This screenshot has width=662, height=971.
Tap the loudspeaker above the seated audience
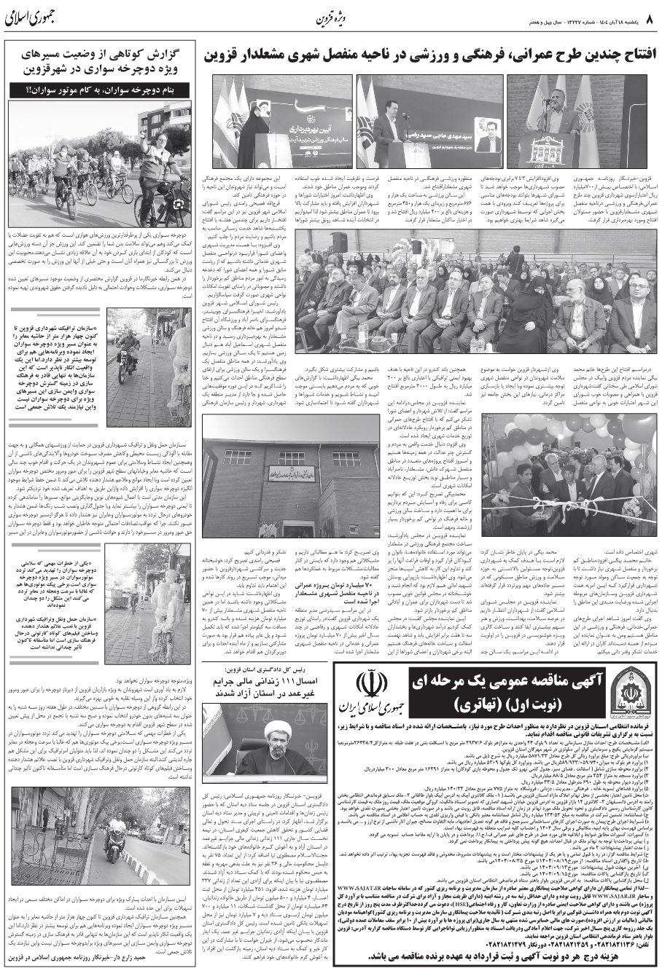(340, 242)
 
